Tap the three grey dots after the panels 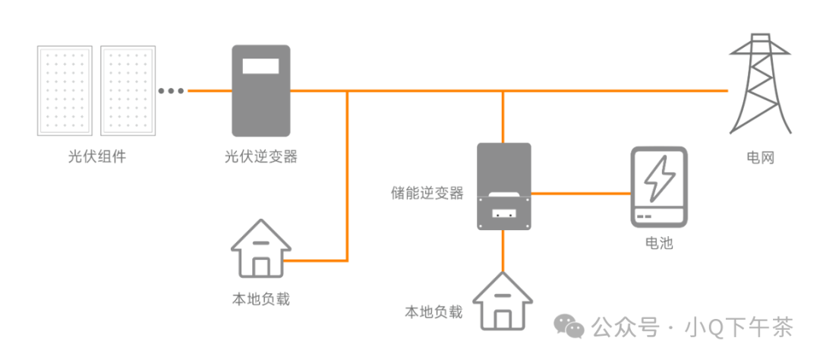tap(171, 91)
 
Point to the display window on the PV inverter tap(260, 65)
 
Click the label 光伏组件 tap(96, 158)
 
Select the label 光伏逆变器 tap(260, 158)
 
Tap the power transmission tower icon tap(761, 84)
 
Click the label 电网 tap(760, 158)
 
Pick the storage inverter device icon tap(503, 187)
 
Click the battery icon tap(658, 187)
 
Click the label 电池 tap(658, 244)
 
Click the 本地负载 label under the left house tap(260, 298)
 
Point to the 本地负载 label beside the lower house tap(434, 312)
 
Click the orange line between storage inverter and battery tap(581, 192)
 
